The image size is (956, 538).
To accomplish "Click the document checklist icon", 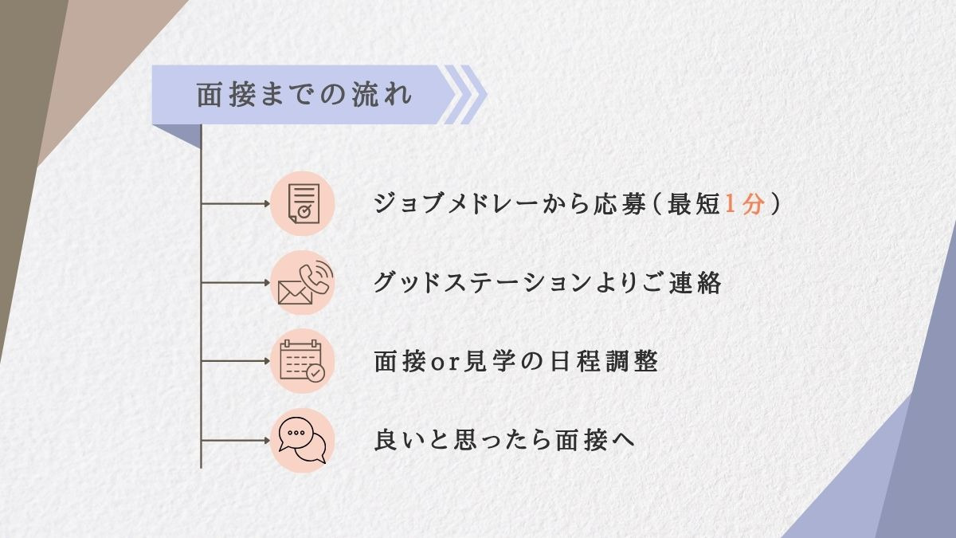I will click(x=302, y=203).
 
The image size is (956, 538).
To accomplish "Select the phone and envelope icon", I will click(x=302, y=282).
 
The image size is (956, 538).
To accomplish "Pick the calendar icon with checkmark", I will click(x=302, y=361).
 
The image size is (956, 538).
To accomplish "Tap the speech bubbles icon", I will click(x=302, y=440).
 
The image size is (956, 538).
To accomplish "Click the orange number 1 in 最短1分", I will click(x=732, y=204).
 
